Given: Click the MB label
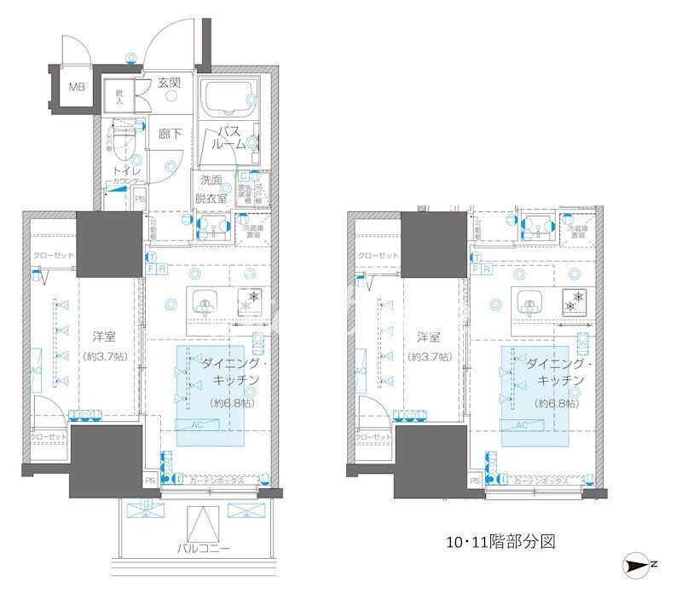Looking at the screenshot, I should click(x=77, y=87).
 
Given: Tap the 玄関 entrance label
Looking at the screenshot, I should click(x=169, y=84).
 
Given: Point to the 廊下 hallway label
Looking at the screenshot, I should click(x=169, y=134).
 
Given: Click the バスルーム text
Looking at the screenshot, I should click(x=231, y=137).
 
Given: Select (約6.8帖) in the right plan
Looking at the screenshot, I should click(x=556, y=402).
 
